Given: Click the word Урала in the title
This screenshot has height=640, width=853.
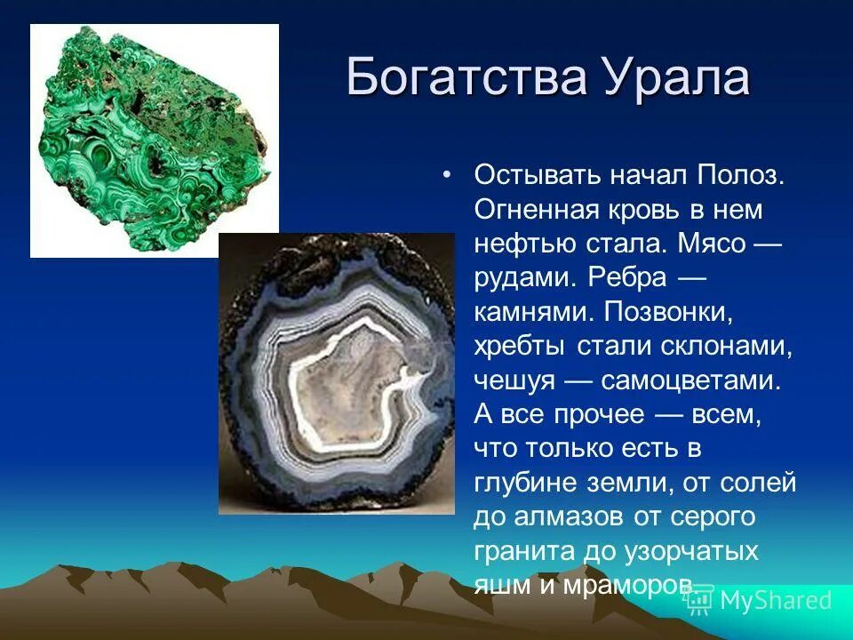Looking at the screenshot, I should (x=674, y=77).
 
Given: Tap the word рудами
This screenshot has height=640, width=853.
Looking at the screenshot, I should (x=525, y=278).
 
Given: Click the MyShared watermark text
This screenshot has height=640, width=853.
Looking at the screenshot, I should (x=774, y=600).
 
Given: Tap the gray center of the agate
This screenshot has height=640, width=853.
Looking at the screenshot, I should (x=342, y=391).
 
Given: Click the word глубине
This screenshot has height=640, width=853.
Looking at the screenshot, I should (x=527, y=483).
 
